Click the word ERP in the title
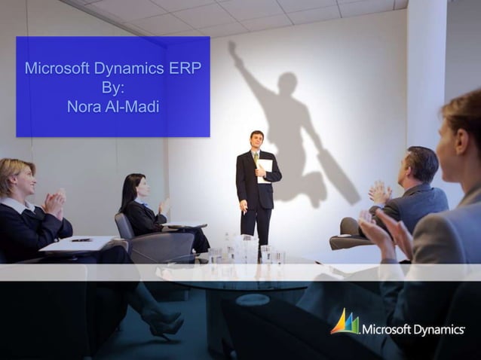coord(188,69)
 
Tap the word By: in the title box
coord(113,87)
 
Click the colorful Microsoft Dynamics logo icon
coord(345,322)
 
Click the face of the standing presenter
coord(257,141)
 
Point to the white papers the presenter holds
coord(265,170)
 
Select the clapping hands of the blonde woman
coord(54,203)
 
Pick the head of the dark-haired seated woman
coord(136,185)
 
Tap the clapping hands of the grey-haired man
coord(379,194)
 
